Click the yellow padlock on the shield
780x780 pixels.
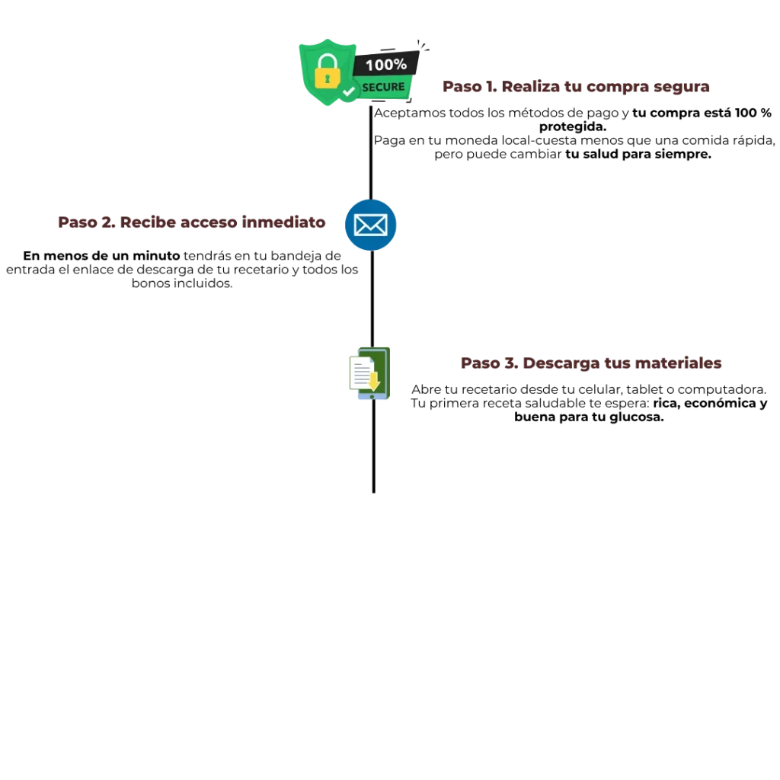tap(328, 72)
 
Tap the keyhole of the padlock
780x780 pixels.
tap(328, 78)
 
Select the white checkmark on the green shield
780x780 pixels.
tap(349, 91)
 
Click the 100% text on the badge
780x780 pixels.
tap(385, 65)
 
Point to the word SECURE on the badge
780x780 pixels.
tap(383, 87)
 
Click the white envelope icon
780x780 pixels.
tap(370, 225)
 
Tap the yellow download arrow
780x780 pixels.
tap(374, 379)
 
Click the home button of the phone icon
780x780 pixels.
tap(372, 398)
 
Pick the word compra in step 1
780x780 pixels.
tap(614, 88)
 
